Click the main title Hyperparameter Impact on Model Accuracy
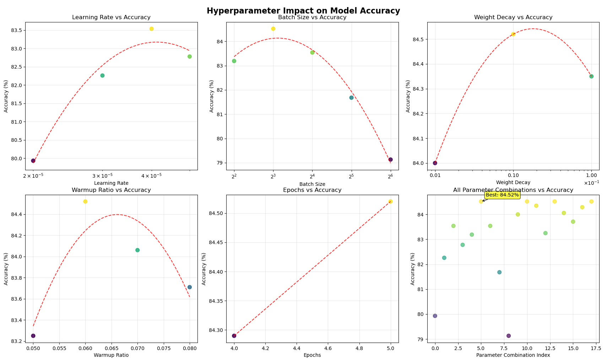pos(303,11)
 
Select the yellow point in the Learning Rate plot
pos(151,29)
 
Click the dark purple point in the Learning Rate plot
pos(33,161)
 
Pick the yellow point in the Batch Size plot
pos(273,29)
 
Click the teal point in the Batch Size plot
pos(351,98)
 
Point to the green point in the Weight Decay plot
pos(591,76)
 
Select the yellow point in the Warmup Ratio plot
pos(85,202)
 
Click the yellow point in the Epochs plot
pos(391,202)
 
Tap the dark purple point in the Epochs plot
pos(234,336)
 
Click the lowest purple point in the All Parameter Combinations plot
pos(509,336)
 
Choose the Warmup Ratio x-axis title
pos(111,355)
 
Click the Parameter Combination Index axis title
pos(513,355)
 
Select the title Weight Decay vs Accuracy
pos(513,17)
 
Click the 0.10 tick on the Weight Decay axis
pos(513,175)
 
